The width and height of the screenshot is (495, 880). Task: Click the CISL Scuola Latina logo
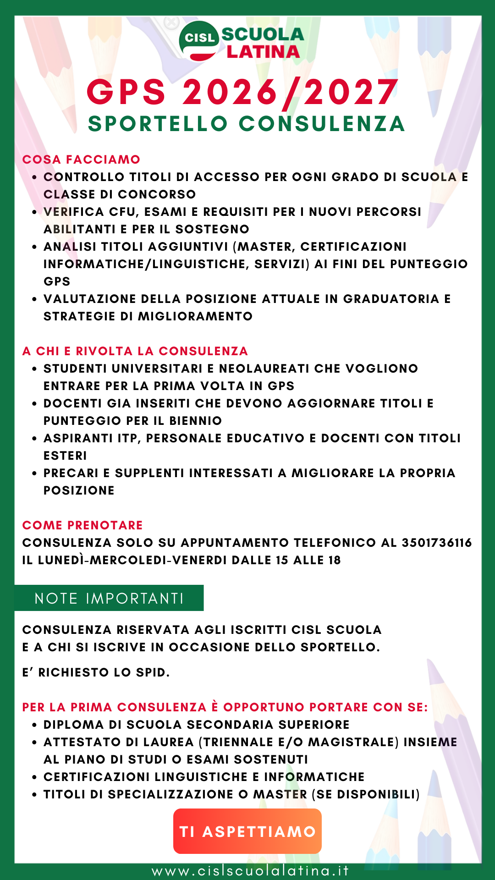(x=242, y=42)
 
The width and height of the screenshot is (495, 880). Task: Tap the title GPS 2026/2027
(x=242, y=93)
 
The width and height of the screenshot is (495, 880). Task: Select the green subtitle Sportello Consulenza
(x=246, y=124)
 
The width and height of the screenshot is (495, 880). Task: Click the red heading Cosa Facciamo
(x=81, y=159)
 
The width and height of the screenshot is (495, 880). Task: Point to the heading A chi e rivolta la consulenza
(x=135, y=351)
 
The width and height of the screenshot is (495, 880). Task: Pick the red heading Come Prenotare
(x=82, y=525)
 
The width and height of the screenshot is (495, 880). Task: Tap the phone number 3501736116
(x=437, y=543)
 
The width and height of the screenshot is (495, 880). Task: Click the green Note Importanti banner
(x=109, y=598)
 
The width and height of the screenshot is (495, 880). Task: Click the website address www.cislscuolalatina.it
(x=250, y=870)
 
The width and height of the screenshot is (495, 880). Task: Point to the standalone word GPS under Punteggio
(x=57, y=281)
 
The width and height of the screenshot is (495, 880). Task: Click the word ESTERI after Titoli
(x=65, y=456)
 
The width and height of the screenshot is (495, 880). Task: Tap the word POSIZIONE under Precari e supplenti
(x=79, y=490)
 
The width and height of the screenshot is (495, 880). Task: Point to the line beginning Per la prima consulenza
(x=225, y=707)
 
